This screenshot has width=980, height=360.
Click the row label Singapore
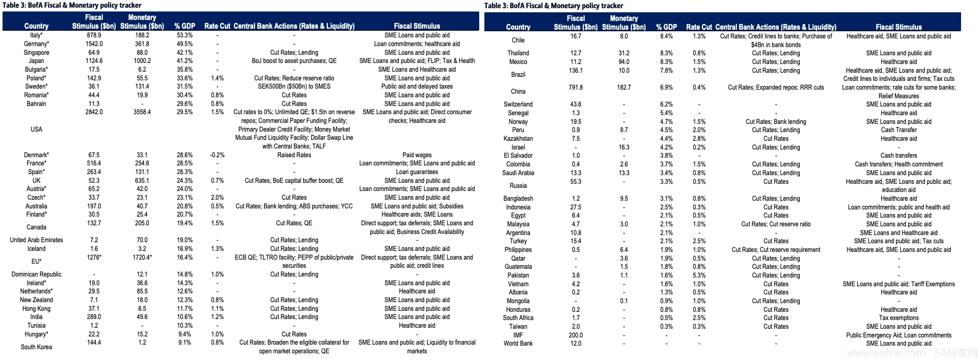[x=36, y=52]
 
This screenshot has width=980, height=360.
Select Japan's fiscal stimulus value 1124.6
[x=94, y=61]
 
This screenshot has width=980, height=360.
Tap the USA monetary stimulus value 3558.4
[x=142, y=112]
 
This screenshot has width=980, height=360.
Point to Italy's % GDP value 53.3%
[x=185, y=35]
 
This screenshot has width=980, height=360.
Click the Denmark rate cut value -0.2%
[x=217, y=155]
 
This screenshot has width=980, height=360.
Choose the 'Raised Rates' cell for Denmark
[x=294, y=155]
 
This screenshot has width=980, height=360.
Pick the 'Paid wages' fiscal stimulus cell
[x=417, y=155]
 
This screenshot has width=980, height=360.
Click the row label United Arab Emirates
[x=36, y=240]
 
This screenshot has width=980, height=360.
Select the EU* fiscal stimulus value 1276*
[x=94, y=257]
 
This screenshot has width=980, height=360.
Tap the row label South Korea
[x=36, y=347]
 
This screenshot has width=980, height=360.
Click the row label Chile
[x=518, y=40]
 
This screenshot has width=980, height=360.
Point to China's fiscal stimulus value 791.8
[x=576, y=88]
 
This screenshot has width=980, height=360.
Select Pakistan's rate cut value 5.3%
[x=699, y=276]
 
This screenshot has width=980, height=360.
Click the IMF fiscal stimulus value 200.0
[x=576, y=335]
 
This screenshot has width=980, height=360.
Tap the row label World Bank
[x=518, y=344]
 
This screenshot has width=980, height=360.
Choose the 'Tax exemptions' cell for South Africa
[x=899, y=318]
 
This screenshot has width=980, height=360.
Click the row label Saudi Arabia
[x=518, y=173]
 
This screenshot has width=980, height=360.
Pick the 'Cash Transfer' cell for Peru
[x=899, y=130]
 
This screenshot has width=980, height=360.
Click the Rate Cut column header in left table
[x=217, y=26]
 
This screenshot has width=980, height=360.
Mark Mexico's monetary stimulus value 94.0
[x=624, y=62]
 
